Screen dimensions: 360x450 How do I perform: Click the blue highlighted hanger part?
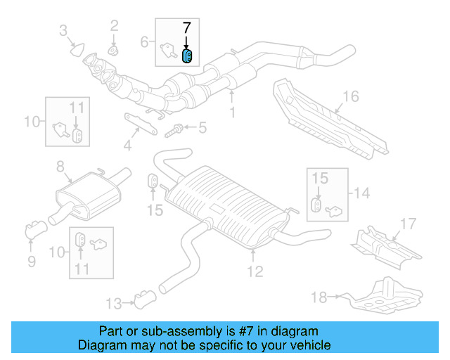pos(188,56)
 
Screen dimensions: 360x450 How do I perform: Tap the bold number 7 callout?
pos(186,29)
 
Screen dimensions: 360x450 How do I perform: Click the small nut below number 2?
pos(113,51)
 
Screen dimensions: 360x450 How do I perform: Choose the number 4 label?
pos(127,146)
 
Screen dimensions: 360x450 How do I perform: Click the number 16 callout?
pos(351,96)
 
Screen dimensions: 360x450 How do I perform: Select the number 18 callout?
pos(319,297)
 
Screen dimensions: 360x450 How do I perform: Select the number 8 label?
pos(60,167)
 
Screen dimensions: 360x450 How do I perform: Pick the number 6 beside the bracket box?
pos(144,42)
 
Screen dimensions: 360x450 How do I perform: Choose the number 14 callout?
pos(361,192)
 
